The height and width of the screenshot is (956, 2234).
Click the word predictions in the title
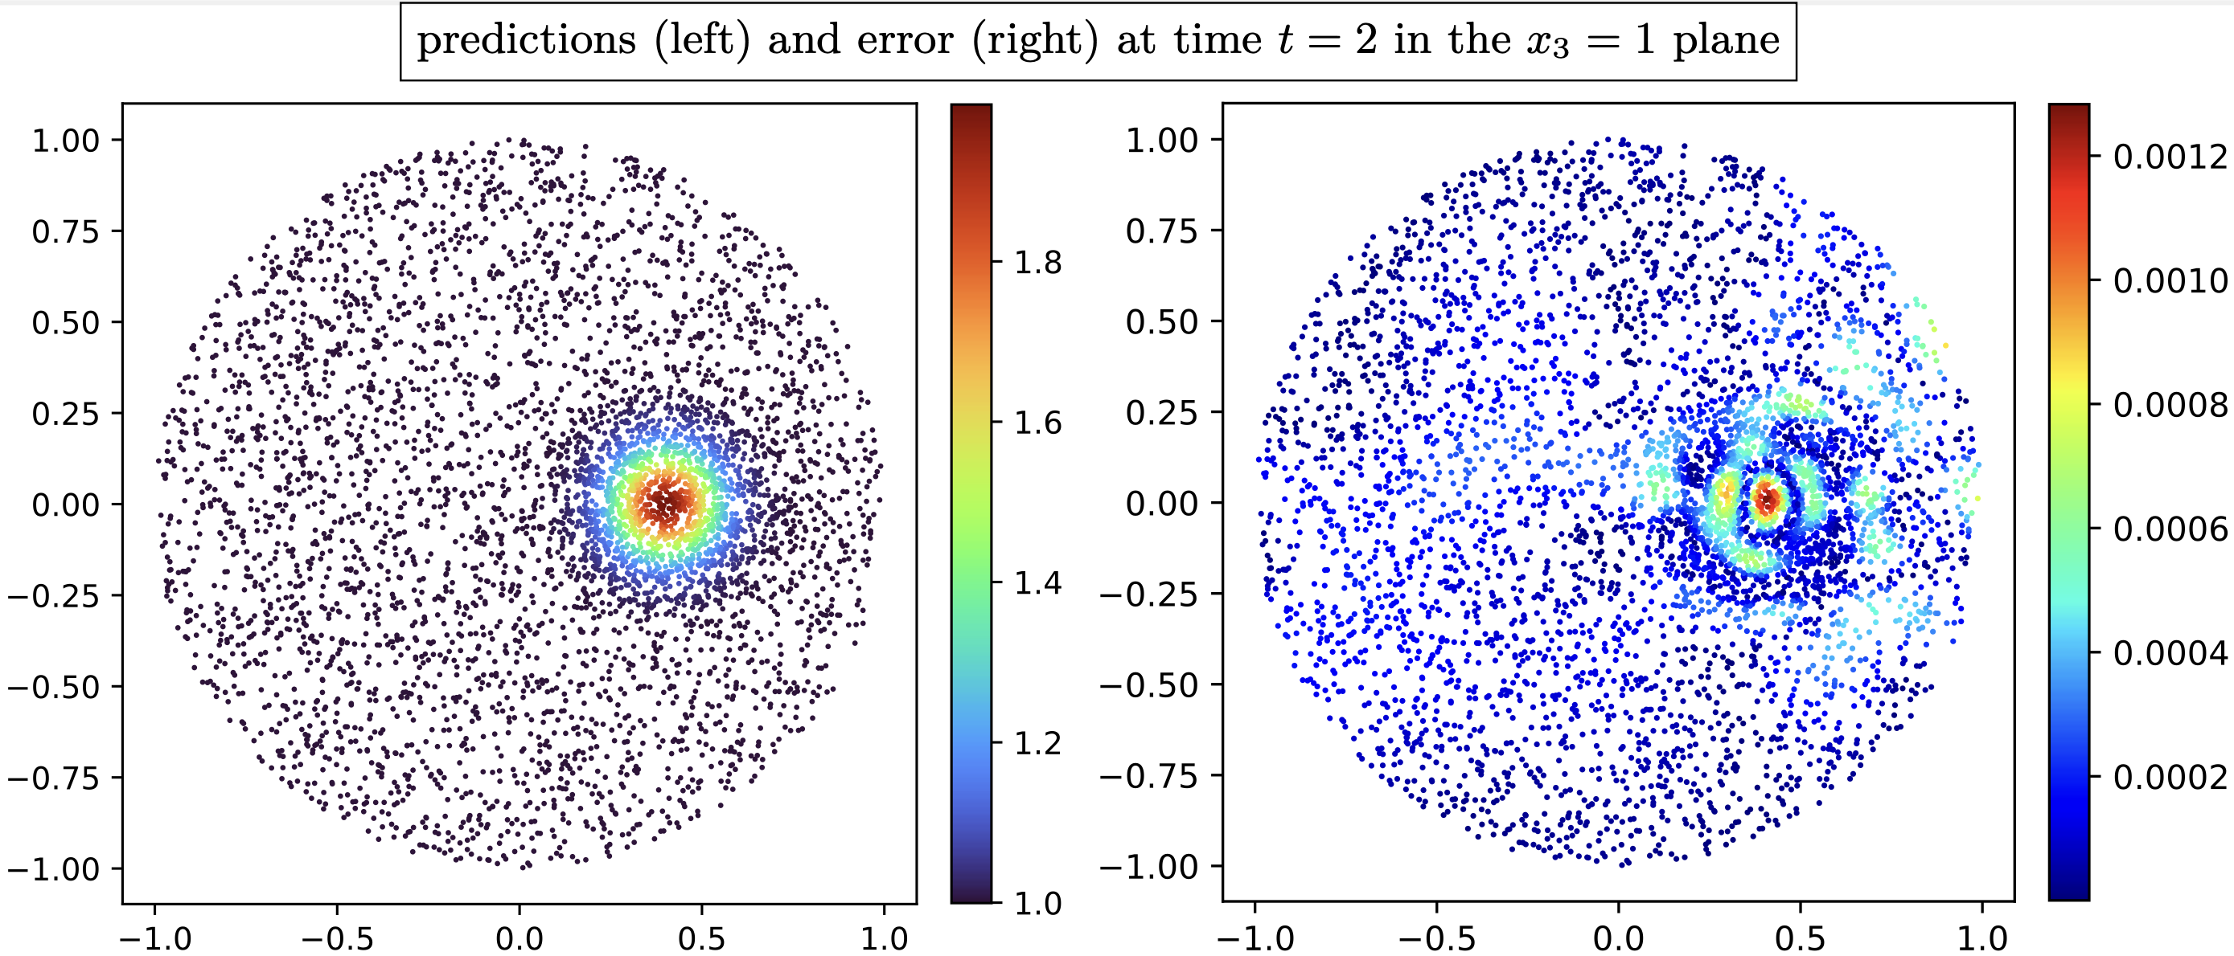click(527, 41)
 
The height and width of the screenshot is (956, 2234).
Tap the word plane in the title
click(1726, 41)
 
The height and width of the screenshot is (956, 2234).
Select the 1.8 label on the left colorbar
click(1038, 262)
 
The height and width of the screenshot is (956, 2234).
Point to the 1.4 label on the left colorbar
click(1038, 582)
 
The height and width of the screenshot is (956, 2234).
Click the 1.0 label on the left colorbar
click(1038, 903)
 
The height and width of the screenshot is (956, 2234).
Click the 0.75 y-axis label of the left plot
click(65, 231)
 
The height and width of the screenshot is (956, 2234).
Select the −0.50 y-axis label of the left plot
click(54, 686)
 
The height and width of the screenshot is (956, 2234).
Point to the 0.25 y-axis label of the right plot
click(1161, 413)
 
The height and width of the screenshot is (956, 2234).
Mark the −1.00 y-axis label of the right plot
click(1149, 866)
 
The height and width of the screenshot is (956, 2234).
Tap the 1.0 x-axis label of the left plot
click(884, 938)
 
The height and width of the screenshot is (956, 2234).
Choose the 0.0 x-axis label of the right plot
click(1618, 938)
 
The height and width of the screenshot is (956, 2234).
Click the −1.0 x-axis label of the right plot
click(1254, 938)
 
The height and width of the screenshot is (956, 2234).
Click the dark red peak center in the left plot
click(666, 502)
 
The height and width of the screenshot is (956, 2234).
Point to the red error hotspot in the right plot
click(1767, 499)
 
